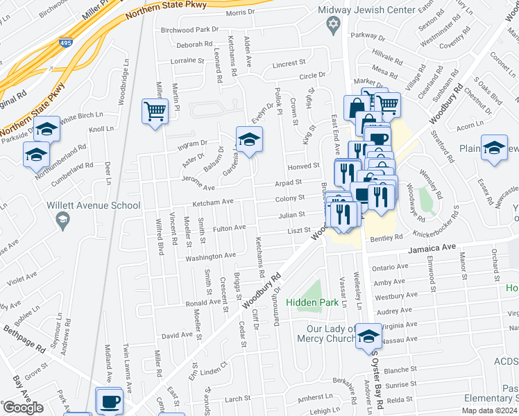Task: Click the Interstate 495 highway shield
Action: [x=65, y=44]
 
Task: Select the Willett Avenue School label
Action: [x=94, y=205]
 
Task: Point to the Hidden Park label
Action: [x=318, y=302]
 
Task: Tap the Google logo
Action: [x=23, y=408]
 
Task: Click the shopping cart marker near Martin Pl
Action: [x=155, y=111]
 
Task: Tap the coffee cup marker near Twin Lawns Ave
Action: [x=110, y=401]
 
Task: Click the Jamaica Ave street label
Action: [x=431, y=247]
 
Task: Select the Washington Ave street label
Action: [x=210, y=256]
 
